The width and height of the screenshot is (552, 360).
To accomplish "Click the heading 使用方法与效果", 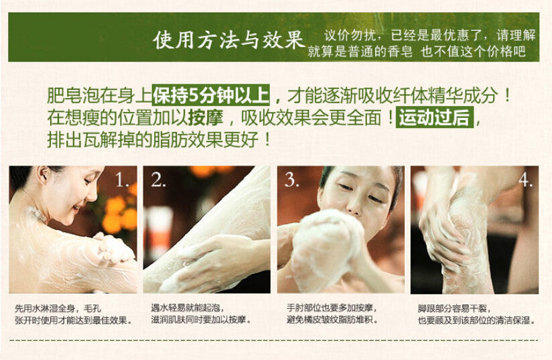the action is [229, 39].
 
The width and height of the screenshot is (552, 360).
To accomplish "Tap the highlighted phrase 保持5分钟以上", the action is [211, 95].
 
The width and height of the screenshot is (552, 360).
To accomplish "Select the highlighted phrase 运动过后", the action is [435, 117].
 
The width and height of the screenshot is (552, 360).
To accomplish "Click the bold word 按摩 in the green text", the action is [206, 117].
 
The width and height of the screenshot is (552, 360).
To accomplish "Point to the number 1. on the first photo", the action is [122, 181].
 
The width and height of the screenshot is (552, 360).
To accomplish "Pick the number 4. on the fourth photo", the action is [525, 180].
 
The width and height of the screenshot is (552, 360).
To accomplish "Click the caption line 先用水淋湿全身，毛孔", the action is [58, 309].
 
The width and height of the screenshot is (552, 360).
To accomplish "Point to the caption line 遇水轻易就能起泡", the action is [188, 308].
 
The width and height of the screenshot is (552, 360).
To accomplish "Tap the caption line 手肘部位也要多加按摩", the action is [332, 308].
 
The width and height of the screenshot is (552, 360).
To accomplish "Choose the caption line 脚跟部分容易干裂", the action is [454, 308].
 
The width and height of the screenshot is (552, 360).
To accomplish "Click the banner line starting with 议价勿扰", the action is [429, 36].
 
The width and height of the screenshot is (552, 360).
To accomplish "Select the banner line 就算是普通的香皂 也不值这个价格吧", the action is [417, 52].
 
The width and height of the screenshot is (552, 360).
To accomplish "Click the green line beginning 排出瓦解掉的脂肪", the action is [159, 140].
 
